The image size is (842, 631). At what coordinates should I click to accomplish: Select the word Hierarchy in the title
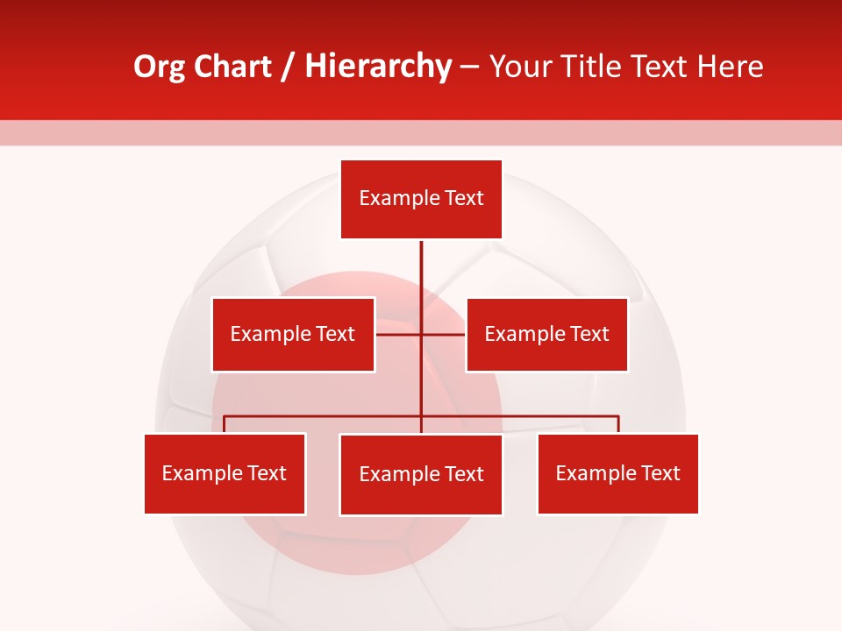(x=378, y=67)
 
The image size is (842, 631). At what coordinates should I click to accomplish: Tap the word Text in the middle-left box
(x=335, y=334)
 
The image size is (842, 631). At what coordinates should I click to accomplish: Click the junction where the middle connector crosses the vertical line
(x=421, y=334)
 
